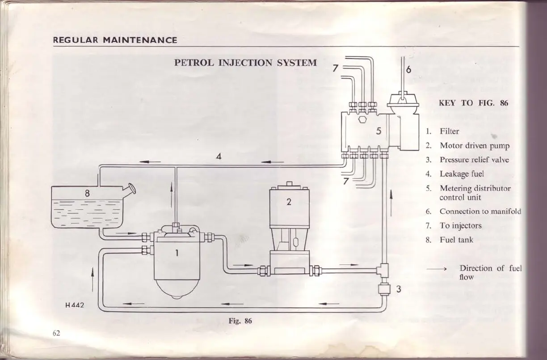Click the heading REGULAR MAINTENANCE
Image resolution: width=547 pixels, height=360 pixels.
(115, 40)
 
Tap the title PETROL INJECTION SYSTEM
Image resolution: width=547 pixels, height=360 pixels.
(245, 63)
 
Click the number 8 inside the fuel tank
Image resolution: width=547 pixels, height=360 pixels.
(88, 194)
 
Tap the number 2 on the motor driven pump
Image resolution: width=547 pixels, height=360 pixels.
(289, 202)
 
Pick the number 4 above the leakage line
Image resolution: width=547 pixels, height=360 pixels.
(219, 156)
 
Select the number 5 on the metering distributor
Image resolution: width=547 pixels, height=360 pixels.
(378, 131)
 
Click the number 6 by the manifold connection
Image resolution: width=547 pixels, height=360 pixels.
(408, 70)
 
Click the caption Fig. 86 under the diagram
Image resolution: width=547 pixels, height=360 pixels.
(240, 321)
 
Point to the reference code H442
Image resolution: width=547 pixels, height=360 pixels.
(75, 306)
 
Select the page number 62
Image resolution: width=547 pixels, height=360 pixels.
(56, 333)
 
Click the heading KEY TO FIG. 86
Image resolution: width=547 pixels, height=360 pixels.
(473, 103)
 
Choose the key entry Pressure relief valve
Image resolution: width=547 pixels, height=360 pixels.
(474, 160)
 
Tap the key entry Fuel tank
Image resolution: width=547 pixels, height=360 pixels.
(456, 240)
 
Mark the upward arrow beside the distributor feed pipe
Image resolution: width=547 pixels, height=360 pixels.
(391, 202)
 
